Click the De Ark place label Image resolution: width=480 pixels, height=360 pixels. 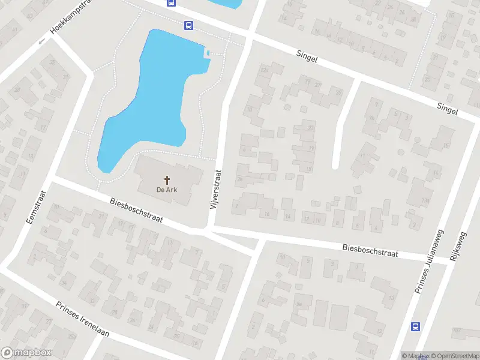click(167, 190)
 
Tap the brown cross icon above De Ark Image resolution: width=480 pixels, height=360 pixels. click(167, 179)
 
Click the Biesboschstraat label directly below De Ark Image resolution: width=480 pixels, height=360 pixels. click(137, 211)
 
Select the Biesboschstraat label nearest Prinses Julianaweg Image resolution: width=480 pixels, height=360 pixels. click(370, 250)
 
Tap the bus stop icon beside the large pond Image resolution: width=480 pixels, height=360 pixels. click(188, 25)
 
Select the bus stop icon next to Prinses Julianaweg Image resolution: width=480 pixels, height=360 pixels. click(415, 326)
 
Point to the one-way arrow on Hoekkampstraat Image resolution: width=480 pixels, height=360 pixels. click(41, 42)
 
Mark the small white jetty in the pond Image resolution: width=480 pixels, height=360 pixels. click(208, 54)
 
